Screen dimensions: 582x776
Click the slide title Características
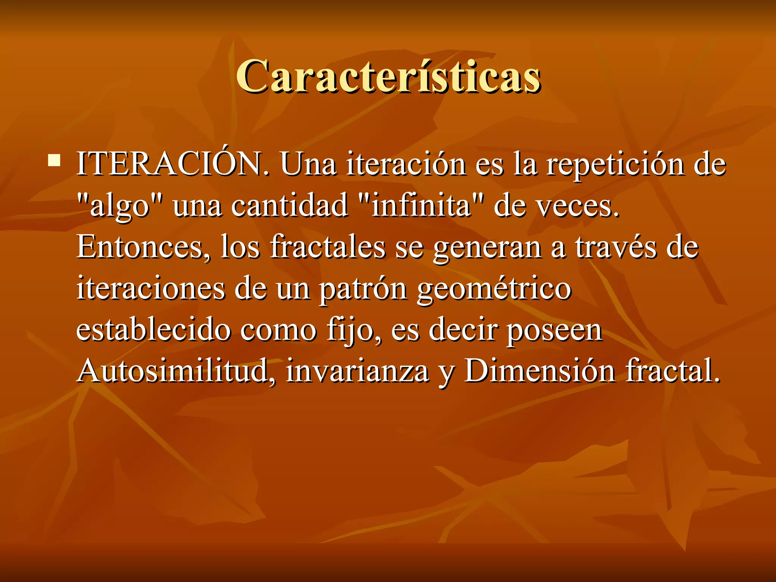coord(388,77)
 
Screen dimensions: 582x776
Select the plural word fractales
coord(327,247)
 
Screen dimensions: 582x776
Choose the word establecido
coord(153,330)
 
